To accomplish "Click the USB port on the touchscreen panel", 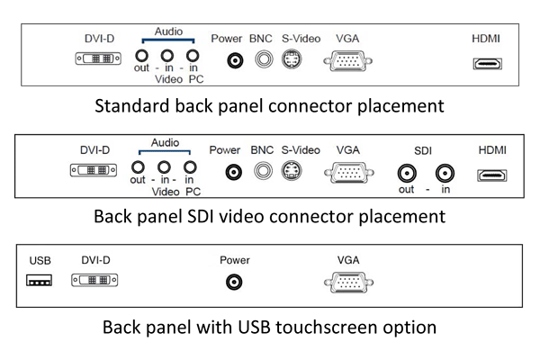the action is click(x=40, y=280).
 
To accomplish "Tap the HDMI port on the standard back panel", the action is click(x=487, y=64).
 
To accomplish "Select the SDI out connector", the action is click(x=407, y=173).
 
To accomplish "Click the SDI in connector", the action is click(x=445, y=173).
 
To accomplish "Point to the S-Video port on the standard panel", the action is click(x=292, y=59).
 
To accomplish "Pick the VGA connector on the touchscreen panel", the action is click(x=348, y=283).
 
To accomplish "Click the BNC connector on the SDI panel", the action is click(x=263, y=171).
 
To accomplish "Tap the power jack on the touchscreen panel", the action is click(x=234, y=282).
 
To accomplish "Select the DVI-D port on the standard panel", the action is click(x=98, y=58).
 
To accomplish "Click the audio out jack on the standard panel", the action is click(x=141, y=56).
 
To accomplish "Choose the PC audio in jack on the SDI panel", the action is click(x=190, y=167).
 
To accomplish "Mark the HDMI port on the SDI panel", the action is click(x=491, y=175).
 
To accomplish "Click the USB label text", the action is click(x=40, y=261).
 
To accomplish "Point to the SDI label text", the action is click(x=423, y=151).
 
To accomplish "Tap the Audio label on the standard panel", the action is click(x=168, y=31).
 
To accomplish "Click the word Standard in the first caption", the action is click(x=132, y=106).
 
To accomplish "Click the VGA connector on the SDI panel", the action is click(x=349, y=172).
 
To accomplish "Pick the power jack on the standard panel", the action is click(x=235, y=61).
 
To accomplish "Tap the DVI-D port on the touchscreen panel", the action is click(x=94, y=280).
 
